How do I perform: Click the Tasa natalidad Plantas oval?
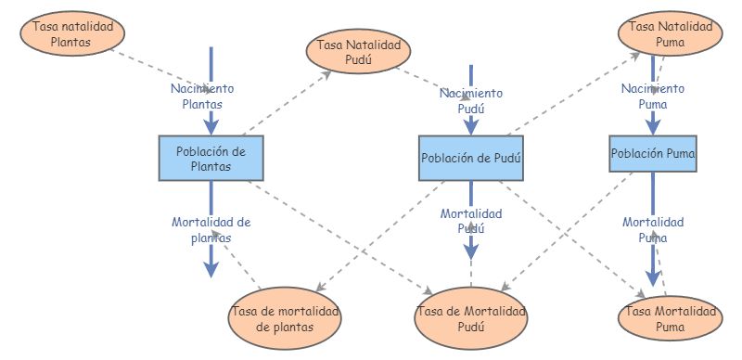(x=73, y=33)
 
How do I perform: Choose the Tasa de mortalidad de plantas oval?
(x=286, y=317)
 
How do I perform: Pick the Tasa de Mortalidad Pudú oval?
(x=470, y=317)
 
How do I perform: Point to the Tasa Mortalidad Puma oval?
(x=669, y=317)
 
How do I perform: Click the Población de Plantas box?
(x=211, y=159)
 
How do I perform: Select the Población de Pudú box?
(x=471, y=159)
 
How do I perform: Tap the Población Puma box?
(x=653, y=152)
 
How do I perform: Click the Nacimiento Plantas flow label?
(x=202, y=96)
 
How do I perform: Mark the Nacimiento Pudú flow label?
(x=471, y=100)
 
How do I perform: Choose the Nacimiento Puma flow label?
(x=652, y=96)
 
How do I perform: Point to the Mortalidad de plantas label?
(x=211, y=229)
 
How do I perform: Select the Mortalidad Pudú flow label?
(x=471, y=221)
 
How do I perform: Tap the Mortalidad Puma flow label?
(x=653, y=229)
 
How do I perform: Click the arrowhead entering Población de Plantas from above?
(x=211, y=126)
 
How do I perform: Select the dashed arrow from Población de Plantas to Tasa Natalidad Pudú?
(x=288, y=103)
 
